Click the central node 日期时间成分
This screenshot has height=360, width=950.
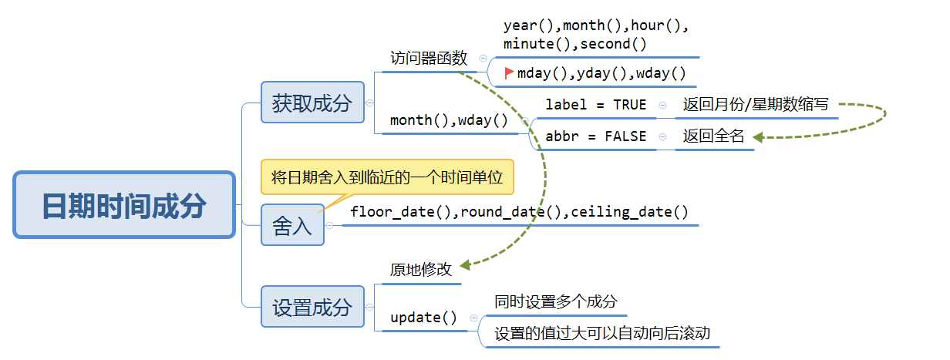point(124,205)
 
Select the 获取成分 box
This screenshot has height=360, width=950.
point(312,103)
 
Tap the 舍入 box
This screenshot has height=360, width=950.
point(292,225)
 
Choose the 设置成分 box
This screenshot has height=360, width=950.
point(312,307)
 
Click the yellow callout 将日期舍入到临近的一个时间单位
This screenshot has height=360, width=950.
point(387,178)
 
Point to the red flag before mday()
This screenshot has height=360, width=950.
point(509,73)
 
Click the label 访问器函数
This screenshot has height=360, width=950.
point(429,58)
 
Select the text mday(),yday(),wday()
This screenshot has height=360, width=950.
point(601,74)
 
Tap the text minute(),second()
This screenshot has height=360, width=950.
point(575,43)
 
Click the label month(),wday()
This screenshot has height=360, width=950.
point(449,120)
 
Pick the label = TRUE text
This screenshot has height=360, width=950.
point(596,105)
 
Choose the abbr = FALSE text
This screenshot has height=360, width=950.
point(596,136)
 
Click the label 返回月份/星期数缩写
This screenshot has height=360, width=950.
point(756,105)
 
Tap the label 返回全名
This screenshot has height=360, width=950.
point(713,136)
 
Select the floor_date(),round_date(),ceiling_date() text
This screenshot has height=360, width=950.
point(519,211)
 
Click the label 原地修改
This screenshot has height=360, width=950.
point(420,270)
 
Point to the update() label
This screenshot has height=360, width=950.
point(423,317)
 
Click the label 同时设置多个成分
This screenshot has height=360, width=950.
point(556,301)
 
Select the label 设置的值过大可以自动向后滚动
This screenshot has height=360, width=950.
point(602,333)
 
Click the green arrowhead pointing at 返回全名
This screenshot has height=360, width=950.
point(758,137)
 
